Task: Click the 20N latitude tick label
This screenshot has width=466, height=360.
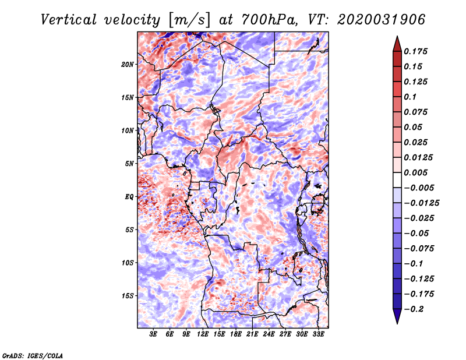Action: pos(128,65)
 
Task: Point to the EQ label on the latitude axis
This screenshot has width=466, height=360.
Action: pos(129,197)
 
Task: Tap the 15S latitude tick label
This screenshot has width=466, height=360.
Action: pos(128,296)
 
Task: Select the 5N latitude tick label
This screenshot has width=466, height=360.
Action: pos(129,164)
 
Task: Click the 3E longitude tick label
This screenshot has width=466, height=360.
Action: pos(153,334)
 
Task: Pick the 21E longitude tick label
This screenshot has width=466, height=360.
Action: pos(252,334)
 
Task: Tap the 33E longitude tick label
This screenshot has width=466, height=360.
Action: pos(318,334)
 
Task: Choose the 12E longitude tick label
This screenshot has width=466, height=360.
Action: pos(203,334)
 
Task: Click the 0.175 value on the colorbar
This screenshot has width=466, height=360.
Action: pos(415,51)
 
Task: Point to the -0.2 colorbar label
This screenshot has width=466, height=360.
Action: pos(414,309)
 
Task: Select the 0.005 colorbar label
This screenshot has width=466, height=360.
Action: pos(415,172)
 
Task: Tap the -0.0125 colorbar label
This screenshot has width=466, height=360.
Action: pos(421,203)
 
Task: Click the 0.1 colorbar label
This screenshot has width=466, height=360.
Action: pos(410,97)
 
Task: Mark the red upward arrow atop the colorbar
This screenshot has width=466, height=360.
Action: pos(397,44)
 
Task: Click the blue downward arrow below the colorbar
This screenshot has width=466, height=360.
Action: pos(397,316)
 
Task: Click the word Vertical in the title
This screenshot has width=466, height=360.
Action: pos(69,20)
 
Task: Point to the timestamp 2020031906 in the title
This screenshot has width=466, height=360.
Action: pos(382,20)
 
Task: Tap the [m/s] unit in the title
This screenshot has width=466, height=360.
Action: pos(189,20)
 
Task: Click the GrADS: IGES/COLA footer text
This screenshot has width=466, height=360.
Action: pos(33,355)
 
